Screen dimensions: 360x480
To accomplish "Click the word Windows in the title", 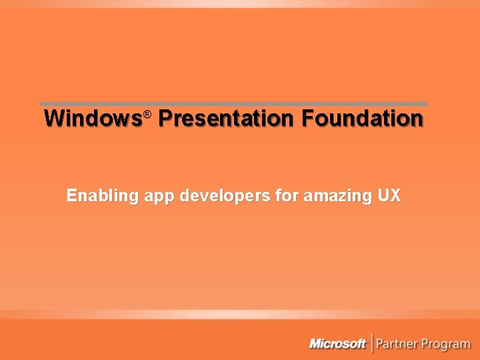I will tap(93, 119).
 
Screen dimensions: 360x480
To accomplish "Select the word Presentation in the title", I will tap(225, 119).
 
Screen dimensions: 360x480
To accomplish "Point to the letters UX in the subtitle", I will tap(389, 196).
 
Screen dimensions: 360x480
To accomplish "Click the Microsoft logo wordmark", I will tap(337, 344).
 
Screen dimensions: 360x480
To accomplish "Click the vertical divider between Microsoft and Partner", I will tap(371, 344).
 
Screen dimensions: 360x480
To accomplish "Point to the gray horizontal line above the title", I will tap(233, 104).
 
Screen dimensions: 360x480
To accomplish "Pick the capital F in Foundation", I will tap(307, 119).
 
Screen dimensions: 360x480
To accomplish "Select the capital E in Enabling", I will tap(71, 196).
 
